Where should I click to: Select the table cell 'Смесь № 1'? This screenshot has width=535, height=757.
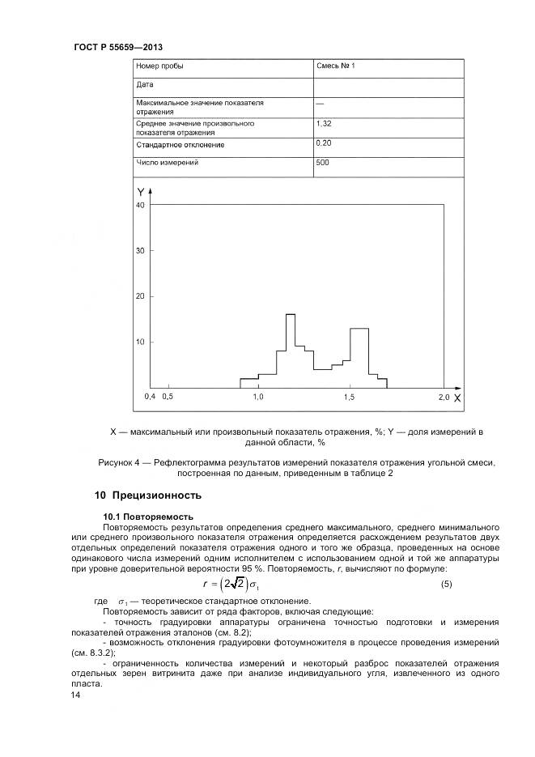335,66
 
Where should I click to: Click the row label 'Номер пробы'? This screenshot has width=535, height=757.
159,66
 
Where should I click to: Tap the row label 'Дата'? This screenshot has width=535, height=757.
143,84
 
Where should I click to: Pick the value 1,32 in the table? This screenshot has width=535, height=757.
324,124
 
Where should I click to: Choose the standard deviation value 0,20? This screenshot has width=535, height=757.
324,142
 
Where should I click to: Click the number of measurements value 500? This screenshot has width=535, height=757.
322,163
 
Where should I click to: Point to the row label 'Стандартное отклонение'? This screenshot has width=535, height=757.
180,144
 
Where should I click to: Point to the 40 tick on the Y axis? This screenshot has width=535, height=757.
139,206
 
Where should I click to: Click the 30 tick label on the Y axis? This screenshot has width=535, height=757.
139,251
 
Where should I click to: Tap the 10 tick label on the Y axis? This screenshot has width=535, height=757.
139,342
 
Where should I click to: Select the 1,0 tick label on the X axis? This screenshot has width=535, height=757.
258,398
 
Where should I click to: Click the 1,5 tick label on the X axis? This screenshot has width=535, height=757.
350,398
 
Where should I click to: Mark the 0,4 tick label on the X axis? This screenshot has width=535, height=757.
150,398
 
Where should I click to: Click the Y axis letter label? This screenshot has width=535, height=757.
141,192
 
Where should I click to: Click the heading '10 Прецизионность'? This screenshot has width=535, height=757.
148,495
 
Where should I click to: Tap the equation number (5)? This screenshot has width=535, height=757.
446,584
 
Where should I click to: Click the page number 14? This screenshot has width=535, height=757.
76,695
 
